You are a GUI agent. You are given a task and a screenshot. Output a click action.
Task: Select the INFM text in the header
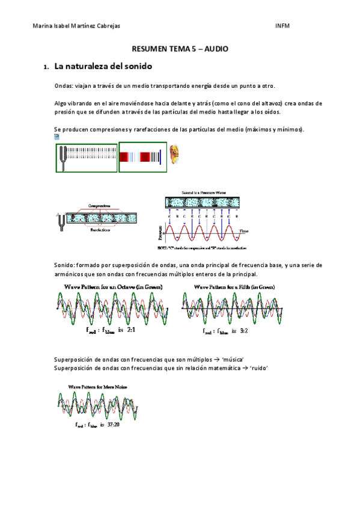tap(282, 26)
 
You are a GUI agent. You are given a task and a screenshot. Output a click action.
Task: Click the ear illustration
tap(174, 155)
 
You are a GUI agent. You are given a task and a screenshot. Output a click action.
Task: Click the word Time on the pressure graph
tap(243, 230)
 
